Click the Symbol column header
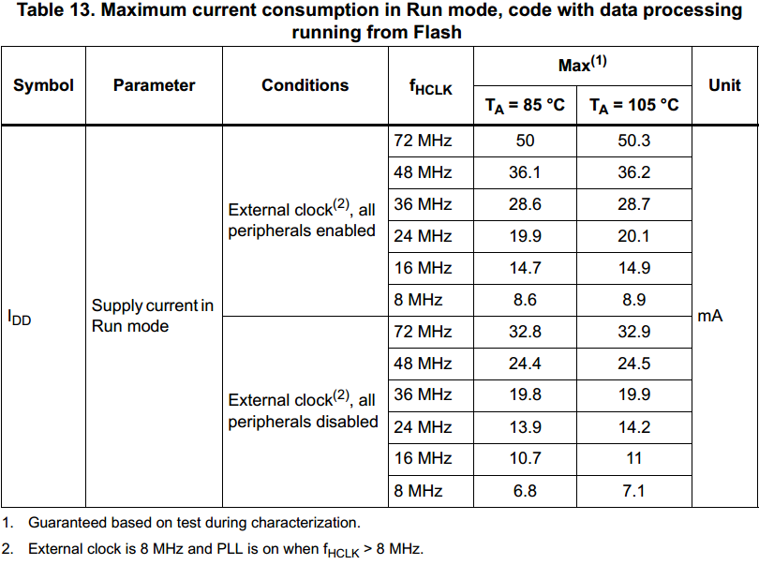[43, 85]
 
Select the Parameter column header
[154, 85]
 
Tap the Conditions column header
[305, 85]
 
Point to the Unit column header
[724, 85]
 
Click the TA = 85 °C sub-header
[525, 105]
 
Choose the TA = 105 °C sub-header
[633, 105]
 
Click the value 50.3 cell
[633, 141]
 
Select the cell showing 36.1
[525, 172]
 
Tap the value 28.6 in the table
[525, 204]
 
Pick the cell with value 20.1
[633, 236]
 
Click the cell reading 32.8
[525, 332]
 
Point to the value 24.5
[633, 364]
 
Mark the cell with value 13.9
[525, 427]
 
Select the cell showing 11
[633, 459]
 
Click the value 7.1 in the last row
[633, 491]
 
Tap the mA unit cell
[710, 317]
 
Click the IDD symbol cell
[20, 318]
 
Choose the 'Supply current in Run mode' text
[152, 316]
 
